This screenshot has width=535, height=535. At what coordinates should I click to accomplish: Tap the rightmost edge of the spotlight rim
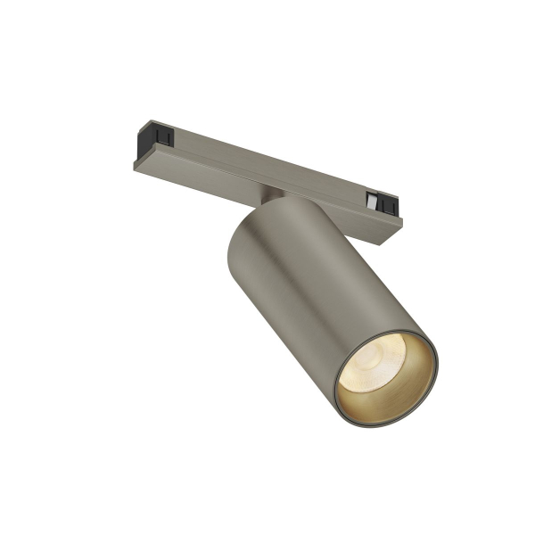coord(439,374)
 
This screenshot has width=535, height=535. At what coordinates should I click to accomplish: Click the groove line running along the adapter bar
coord(267,169)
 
